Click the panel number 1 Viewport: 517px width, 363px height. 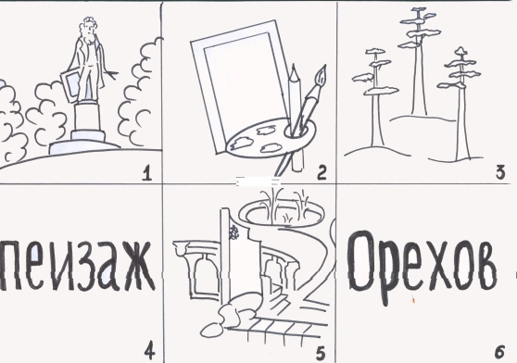click(x=146, y=173)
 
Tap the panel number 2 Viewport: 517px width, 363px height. click(x=322, y=173)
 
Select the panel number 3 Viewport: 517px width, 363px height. click(x=500, y=172)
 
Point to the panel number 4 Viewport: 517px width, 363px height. click(x=149, y=352)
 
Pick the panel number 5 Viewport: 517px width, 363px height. click(x=321, y=354)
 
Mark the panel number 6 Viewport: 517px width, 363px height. click(x=499, y=352)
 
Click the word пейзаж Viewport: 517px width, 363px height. click(x=77, y=266)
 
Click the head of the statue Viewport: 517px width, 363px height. click(x=87, y=28)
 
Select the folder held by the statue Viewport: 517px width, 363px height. click(x=69, y=85)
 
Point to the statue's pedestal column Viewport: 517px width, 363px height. click(x=86, y=117)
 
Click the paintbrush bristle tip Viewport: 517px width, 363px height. click(x=322, y=75)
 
